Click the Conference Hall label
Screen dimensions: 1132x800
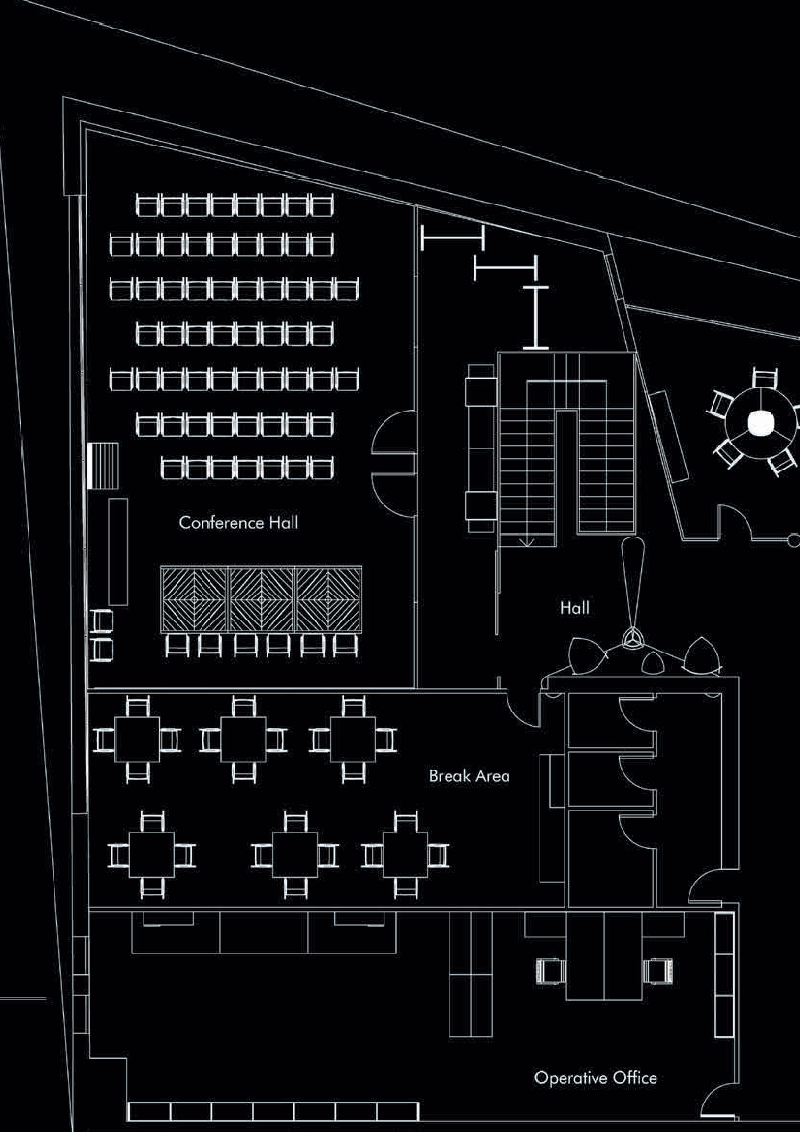pos(239,522)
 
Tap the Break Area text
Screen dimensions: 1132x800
pos(469,776)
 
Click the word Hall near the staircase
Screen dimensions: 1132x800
pos(574,607)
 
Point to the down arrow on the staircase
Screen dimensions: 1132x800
pos(527,542)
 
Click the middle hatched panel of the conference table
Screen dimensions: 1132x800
pos(261,599)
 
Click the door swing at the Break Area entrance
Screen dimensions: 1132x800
pos(524,710)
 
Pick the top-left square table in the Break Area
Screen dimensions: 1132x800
pos(137,739)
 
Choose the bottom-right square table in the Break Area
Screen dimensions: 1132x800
pos(405,855)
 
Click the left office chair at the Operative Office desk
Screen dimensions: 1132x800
pos(551,972)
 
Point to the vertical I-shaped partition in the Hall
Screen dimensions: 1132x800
pos(536,318)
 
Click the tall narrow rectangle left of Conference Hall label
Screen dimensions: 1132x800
pos(118,552)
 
